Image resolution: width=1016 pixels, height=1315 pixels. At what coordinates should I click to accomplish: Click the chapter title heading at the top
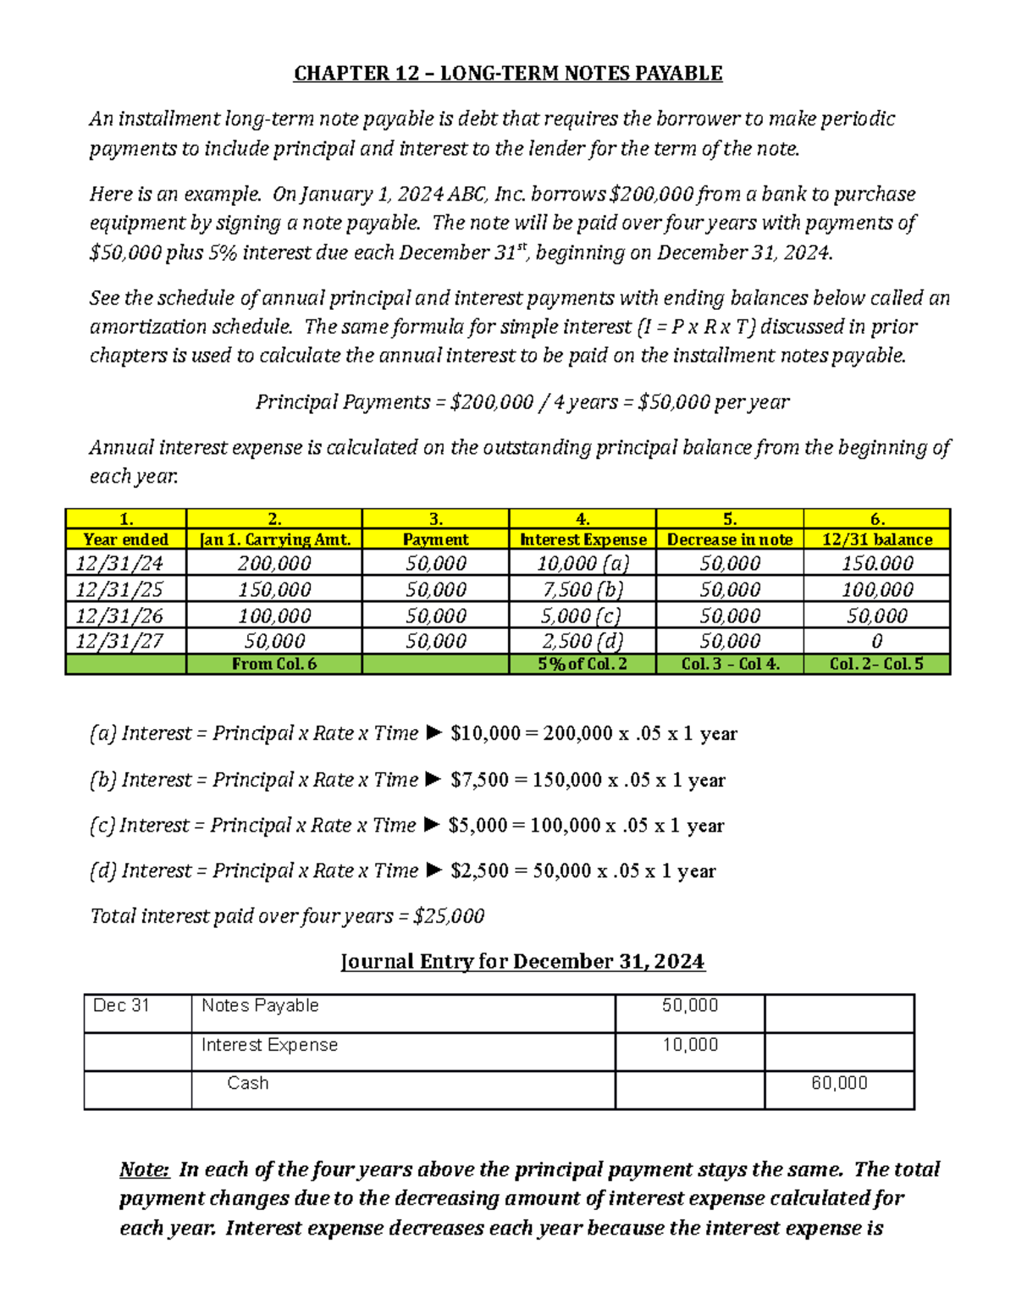[x=508, y=74]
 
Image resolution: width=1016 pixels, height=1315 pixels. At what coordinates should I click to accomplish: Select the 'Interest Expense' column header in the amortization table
[x=583, y=539]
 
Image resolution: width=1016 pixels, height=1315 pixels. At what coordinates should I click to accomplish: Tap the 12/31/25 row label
[x=119, y=589]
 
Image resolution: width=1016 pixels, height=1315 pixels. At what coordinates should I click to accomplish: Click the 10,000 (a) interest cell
[x=583, y=564]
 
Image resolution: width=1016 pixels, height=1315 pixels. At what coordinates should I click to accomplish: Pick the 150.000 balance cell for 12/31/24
[x=877, y=564]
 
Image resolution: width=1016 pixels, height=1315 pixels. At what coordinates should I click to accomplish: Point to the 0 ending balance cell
[x=877, y=641]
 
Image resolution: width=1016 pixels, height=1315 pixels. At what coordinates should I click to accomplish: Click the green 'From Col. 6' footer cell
[x=273, y=664]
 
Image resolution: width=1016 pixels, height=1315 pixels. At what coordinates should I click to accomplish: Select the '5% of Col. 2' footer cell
[x=583, y=664]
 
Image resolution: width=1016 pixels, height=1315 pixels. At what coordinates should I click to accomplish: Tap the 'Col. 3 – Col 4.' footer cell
[x=730, y=664]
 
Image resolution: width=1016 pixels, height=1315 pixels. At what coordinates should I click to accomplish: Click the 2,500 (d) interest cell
[x=583, y=641]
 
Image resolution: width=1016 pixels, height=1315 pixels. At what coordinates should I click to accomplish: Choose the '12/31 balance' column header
[x=877, y=539]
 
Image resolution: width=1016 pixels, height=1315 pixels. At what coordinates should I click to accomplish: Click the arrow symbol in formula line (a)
[x=433, y=733]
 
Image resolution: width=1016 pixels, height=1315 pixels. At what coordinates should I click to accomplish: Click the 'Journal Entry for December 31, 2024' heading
[x=522, y=962]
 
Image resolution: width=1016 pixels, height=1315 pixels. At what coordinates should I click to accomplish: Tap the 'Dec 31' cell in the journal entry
[x=121, y=1006]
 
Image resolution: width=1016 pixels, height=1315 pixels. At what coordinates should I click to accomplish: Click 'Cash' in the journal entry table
[x=247, y=1083]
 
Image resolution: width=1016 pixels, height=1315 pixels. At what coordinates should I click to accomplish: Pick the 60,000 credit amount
[x=839, y=1083]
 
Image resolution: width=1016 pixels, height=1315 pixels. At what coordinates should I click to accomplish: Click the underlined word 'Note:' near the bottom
[x=145, y=1169]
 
